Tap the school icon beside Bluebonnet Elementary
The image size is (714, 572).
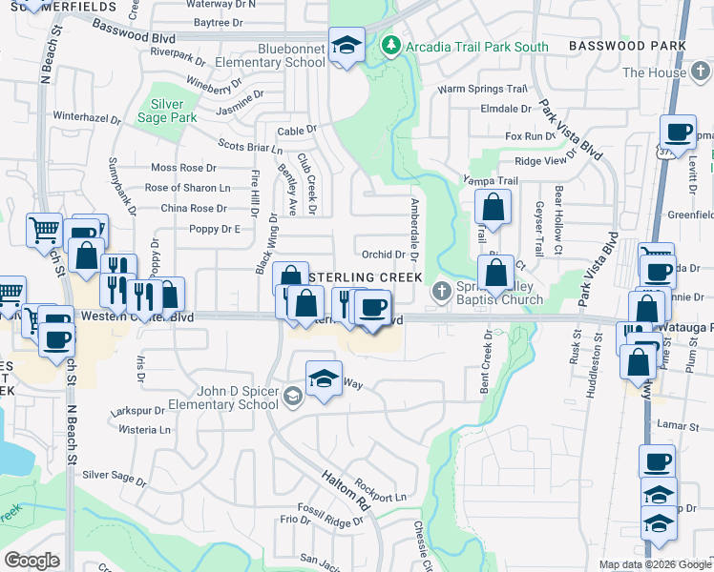346,44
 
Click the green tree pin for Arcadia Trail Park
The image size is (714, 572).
389,45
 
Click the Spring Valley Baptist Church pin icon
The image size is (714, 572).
442,290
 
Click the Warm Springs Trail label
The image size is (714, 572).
482,89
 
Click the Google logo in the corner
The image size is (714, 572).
32,561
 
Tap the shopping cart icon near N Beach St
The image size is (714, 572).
44,230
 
